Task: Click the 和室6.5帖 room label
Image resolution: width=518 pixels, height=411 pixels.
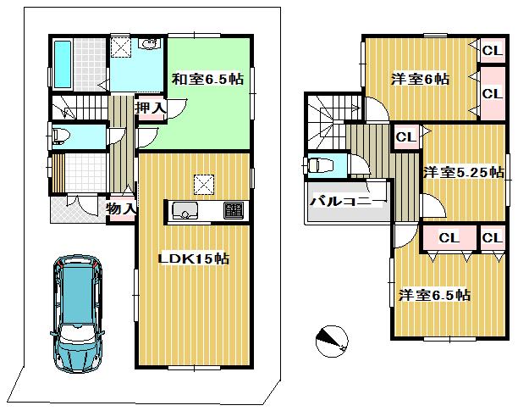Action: click(x=208, y=80)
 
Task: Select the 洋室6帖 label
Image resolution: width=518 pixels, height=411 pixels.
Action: click(x=420, y=79)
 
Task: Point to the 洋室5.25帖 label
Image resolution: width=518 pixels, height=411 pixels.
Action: click(x=463, y=171)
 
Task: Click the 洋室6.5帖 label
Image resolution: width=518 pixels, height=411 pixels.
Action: click(x=434, y=296)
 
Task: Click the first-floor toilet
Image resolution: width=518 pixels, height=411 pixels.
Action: click(x=64, y=135)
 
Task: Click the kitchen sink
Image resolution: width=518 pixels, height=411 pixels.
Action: click(x=185, y=210)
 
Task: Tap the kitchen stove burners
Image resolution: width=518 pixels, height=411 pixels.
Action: click(x=232, y=210)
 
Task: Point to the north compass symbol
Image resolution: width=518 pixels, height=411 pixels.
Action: click(x=330, y=340)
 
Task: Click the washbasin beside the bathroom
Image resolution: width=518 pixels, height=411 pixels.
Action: click(x=149, y=47)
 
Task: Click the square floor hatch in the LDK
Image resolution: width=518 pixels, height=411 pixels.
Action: click(x=205, y=182)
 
